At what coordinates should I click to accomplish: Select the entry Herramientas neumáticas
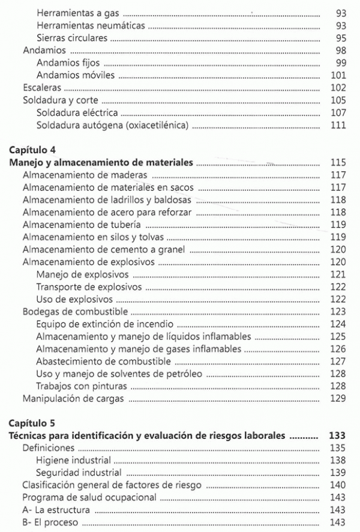tap(90, 26)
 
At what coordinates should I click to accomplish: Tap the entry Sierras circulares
tap(72, 38)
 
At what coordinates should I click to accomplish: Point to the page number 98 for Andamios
tap(341, 51)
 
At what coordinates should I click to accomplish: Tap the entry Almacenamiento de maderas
tap(85, 176)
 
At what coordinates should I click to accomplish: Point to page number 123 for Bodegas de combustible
tap(339, 312)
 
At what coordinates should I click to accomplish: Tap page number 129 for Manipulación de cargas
tap(339, 399)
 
